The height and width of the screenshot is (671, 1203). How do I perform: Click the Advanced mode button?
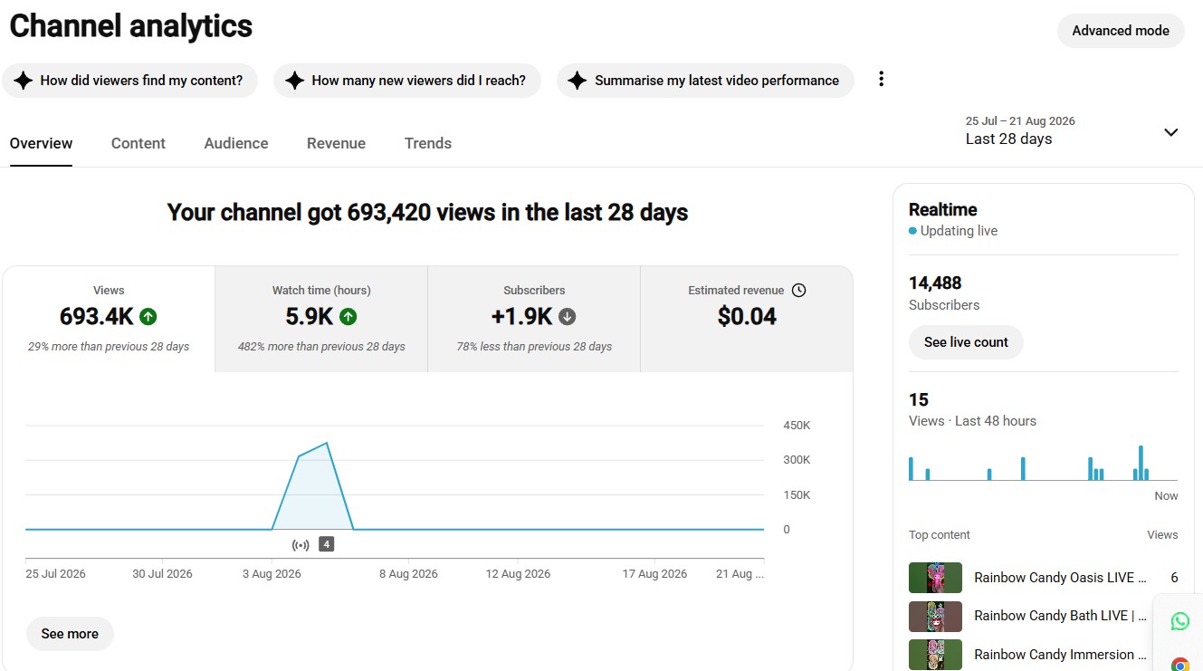1121,31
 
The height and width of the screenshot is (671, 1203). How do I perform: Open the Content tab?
138,143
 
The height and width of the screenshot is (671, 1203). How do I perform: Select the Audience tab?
235,143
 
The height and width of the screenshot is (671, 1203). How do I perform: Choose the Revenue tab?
336,143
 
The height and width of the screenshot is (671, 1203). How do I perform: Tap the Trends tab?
428,143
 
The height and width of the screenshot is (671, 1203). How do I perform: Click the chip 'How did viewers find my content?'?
130,81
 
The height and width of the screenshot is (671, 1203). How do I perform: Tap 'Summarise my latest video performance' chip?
705,81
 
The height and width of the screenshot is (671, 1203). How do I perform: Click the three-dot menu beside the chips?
882,79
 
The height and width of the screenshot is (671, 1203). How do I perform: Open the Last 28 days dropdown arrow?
1170,132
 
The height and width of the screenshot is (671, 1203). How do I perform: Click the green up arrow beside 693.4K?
148,316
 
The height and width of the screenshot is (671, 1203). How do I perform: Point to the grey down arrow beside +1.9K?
568,316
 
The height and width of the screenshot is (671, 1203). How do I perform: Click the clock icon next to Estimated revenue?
798,290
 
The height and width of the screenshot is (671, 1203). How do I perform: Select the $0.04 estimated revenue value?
747,316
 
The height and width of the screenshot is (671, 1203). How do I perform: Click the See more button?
70,634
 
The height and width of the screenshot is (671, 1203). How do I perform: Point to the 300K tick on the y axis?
797,460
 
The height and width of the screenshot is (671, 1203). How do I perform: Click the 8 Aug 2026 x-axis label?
408,574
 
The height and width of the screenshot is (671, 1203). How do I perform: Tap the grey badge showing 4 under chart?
326,544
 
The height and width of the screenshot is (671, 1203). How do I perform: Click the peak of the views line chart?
327,443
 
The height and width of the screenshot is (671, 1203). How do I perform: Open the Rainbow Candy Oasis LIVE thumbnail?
935,578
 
